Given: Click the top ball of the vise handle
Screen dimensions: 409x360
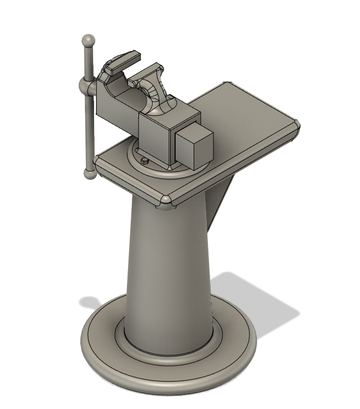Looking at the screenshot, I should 88,41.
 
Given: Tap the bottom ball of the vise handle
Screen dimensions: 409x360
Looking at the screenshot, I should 89,174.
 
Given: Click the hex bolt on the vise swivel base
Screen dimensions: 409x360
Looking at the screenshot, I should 144,161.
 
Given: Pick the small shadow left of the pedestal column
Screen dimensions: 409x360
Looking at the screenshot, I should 93,302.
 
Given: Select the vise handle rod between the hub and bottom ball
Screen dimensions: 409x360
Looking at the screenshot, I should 88,131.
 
